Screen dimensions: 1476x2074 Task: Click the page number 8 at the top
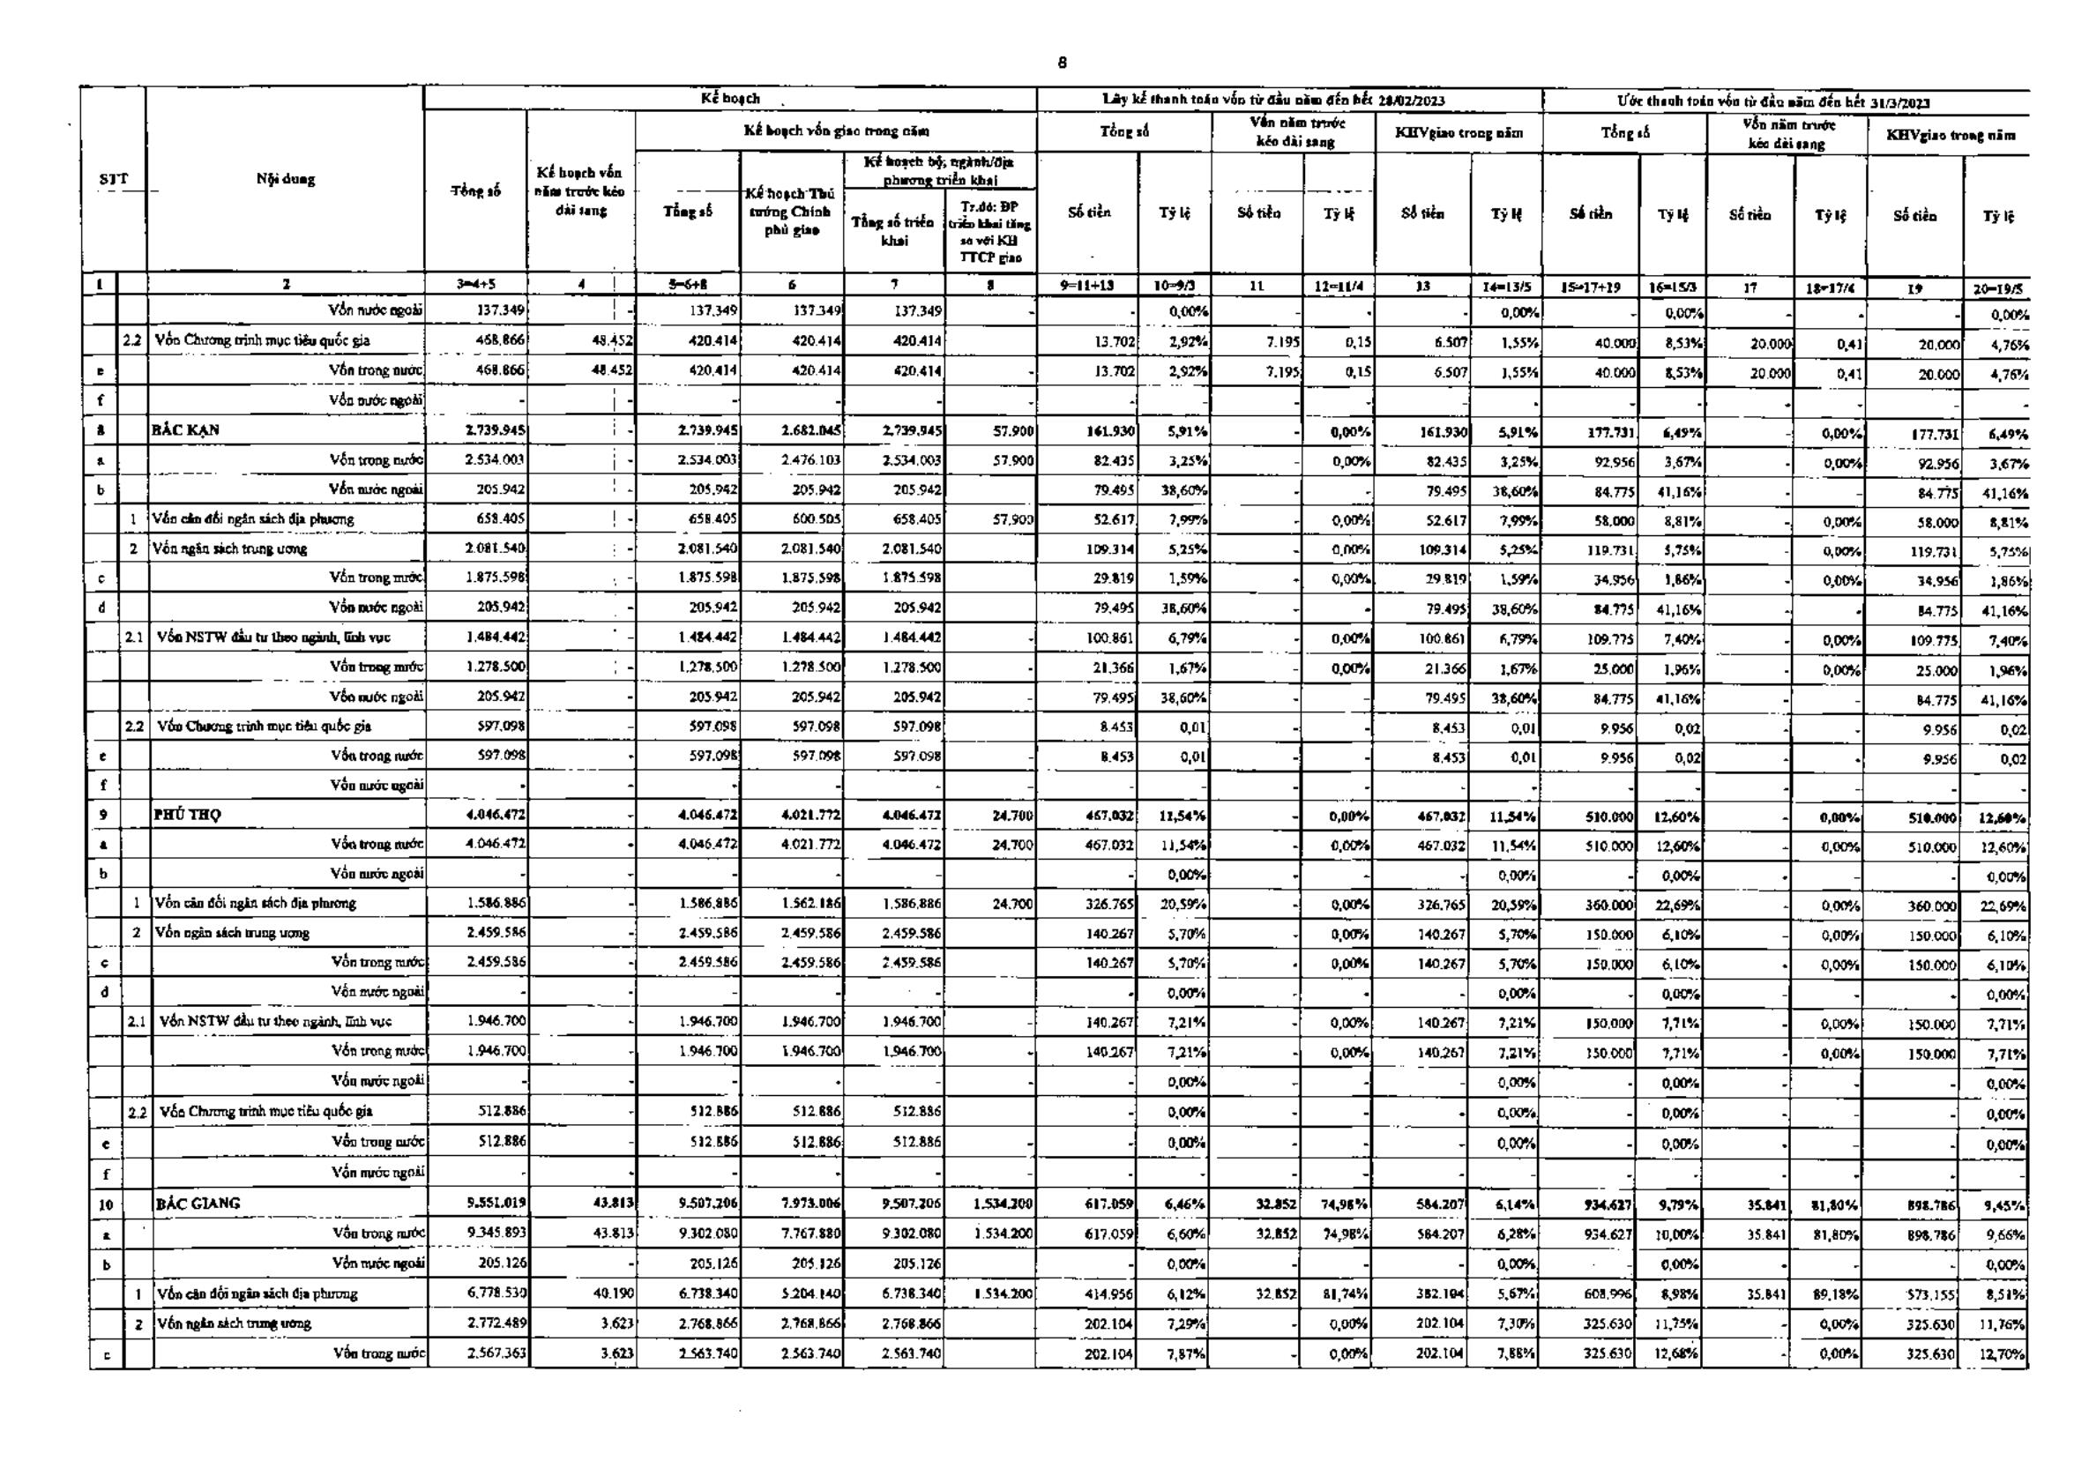click(x=1063, y=63)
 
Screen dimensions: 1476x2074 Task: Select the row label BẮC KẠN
click(x=186, y=430)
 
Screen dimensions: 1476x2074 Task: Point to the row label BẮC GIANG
click(x=198, y=1204)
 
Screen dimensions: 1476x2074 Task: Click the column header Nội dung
click(x=286, y=179)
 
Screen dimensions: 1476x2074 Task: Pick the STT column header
click(x=114, y=179)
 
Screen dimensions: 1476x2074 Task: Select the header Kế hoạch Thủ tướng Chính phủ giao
click(x=792, y=211)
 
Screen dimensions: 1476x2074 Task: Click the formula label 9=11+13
click(x=1087, y=286)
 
